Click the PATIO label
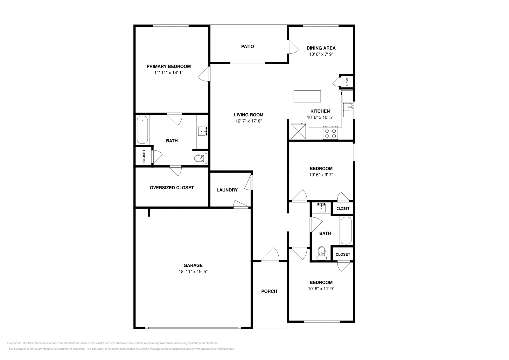tap(248, 46)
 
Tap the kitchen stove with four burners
tap(331, 133)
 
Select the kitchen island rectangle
tap(307, 96)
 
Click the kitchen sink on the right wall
tap(348, 110)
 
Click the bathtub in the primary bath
tap(143, 130)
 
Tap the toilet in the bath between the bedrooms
tap(322, 253)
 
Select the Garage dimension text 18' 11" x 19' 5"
tap(193, 272)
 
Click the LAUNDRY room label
tap(227, 190)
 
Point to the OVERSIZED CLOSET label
tap(172, 188)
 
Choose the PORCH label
tap(269, 291)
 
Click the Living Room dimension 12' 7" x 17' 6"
tap(248, 121)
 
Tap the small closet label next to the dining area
tap(347, 82)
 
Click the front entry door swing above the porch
tap(270, 255)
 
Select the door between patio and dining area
tap(293, 47)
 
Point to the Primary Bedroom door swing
tap(204, 74)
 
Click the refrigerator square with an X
tap(298, 131)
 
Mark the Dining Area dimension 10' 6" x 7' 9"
tap(321, 54)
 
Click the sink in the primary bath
tap(203, 131)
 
